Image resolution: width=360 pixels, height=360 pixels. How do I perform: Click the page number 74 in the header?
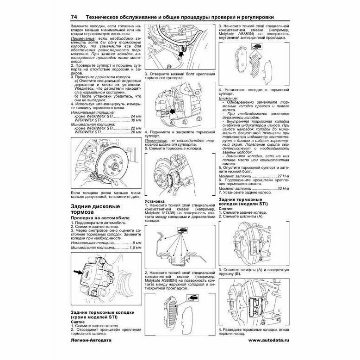[x=74, y=17]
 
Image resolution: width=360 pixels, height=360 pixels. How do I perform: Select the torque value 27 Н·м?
[x=282, y=177]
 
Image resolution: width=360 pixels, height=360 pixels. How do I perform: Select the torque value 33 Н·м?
[x=282, y=188]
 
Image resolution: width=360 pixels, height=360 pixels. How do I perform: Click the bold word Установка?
[x=155, y=202]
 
